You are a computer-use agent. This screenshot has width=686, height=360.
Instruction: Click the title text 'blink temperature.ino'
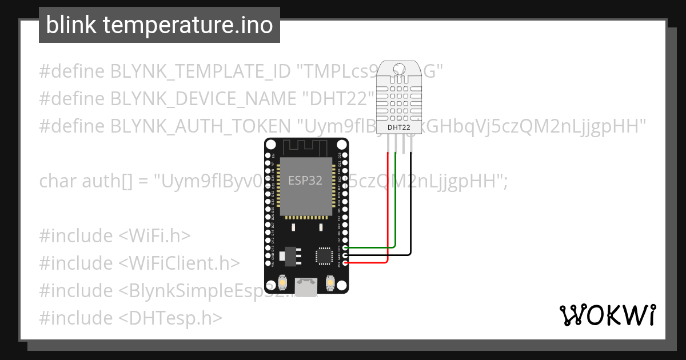tap(159, 25)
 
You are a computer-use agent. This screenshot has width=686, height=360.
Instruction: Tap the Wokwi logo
tap(607, 315)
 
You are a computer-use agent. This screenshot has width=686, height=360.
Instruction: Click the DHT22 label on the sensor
tap(398, 127)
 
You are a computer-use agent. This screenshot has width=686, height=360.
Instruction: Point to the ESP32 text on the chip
tap(305, 181)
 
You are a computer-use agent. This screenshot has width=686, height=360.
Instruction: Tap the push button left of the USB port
tap(282, 282)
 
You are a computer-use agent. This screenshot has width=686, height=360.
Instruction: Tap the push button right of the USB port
tap(330, 282)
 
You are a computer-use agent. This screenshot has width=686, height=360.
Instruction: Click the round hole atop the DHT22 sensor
tap(398, 69)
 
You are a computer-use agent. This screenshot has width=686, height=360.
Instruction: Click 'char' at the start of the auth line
tap(57, 181)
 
